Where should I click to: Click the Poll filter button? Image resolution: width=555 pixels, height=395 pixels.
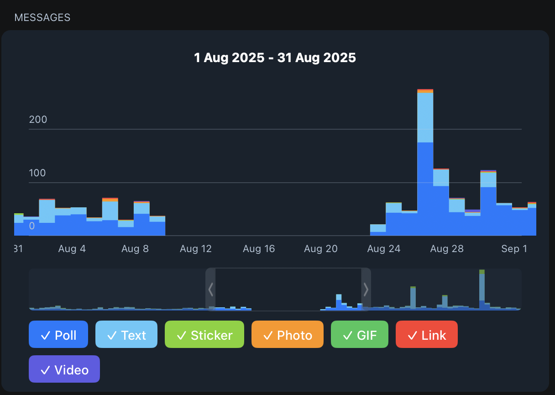pos(58,335)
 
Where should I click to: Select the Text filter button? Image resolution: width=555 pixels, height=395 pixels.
pos(126,335)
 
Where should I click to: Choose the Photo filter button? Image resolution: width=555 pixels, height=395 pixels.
pos(288,335)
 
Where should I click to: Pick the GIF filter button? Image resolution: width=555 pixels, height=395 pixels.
pos(360,335)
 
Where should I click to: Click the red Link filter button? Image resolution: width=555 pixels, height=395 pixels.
pos(427,335)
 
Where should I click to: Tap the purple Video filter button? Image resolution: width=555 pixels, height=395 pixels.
pos(64,369)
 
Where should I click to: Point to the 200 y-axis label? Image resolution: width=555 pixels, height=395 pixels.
pos(38,120)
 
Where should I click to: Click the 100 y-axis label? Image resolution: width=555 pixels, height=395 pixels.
pos(38,173)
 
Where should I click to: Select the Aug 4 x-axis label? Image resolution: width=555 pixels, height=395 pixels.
pos(72,249)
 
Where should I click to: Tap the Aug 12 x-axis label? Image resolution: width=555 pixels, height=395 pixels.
pos(196,249)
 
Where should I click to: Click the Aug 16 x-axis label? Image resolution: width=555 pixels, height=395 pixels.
pos(259,249)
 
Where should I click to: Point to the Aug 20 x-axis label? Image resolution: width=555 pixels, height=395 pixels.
pos(321,249)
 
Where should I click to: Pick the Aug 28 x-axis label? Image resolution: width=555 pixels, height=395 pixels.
pos(447,249)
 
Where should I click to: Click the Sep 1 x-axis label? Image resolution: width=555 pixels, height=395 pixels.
pos(513,249)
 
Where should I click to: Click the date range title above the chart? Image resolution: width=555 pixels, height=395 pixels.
pos(275,58)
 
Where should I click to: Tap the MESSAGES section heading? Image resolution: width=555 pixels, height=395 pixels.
pos(42,18)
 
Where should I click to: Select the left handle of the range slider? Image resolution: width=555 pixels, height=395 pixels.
pos(210,289)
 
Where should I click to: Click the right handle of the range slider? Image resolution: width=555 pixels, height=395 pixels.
pos(366,289)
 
